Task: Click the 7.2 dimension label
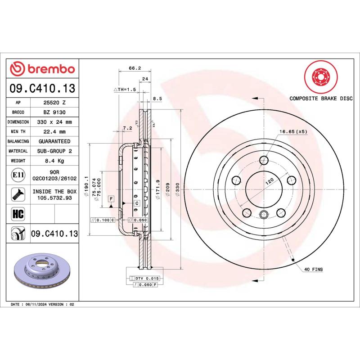click(x=127, y=128)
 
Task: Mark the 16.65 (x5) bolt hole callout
click(x=293, y=131)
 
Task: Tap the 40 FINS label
click(x=314, y=269)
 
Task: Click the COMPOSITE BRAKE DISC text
click(x=320, y=98)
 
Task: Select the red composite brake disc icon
click(x=320, y=77)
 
